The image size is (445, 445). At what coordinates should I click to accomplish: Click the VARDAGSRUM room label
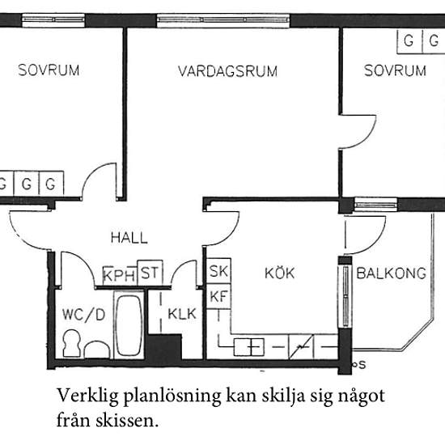(x=227, y=71)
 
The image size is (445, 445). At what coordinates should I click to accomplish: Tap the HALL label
(x=129, y=238)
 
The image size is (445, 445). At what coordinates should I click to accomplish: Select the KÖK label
(x=280, y=273)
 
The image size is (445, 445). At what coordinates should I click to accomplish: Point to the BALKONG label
(x=392, y=273)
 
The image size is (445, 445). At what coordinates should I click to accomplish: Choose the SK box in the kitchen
(x=218, y=272)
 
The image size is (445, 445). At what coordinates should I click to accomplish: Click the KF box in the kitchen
(x=218, y=296)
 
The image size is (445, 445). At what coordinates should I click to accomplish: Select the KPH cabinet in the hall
(x=120, y=275)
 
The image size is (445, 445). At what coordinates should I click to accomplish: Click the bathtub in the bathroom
(x=128, y=326)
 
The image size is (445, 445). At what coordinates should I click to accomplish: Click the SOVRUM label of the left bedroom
(x=49, y=70)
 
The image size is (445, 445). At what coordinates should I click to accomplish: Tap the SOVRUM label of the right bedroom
(x=395, y=71)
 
